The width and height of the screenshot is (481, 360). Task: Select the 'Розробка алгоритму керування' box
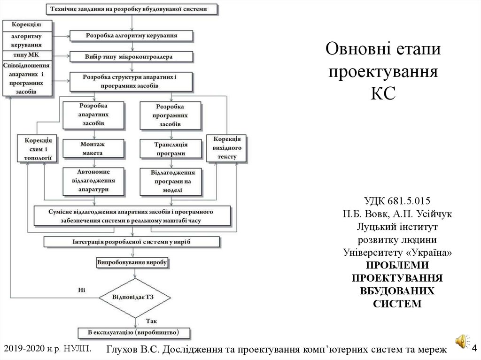point(131,35)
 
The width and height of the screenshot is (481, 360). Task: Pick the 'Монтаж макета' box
point(94,149)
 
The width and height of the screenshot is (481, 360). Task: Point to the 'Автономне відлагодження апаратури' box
point(94,181)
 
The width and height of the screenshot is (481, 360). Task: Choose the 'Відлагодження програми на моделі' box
point(171,181)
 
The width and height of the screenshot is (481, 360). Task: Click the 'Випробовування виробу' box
point(132,262)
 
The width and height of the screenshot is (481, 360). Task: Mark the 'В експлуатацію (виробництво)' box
point(134,333)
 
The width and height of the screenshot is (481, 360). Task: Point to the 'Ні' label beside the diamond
point(81,290)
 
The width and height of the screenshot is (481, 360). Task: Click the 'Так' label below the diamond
point(151,322)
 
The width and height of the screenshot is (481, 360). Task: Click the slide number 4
point(473,348)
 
